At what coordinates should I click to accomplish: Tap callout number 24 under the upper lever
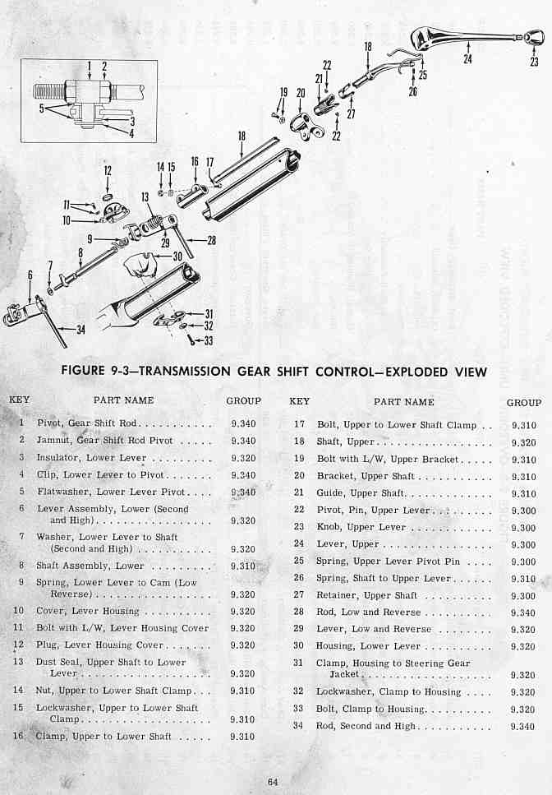(x=467, y=59)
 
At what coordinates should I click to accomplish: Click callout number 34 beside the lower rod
(x=80, y=330)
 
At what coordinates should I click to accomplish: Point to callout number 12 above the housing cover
(x=108, y=171)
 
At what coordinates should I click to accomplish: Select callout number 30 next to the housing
(x=177, y=257)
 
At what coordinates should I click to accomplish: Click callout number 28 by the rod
(x=212, y=240)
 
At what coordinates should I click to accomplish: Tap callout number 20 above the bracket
(x=301, y=93)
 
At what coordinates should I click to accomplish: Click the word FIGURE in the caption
(x=83, y=370)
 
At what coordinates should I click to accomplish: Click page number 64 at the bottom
(x=273, y=781)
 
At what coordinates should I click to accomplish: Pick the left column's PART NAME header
(x=123, y=400)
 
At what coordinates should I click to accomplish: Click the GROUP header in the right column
(x=524, y=403)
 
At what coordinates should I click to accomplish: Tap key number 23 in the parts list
(x=299, y=526)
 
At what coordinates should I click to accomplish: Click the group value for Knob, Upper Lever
(x=523, y=528)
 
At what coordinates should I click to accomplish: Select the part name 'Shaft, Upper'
(x=345, y=441)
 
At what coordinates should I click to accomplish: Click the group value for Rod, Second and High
(x=523, y=726)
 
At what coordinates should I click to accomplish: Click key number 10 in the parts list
(x=19, y=611)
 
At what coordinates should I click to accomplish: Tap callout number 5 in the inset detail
(x=42, y=108)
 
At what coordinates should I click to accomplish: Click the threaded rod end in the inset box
(x=49, y=91)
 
